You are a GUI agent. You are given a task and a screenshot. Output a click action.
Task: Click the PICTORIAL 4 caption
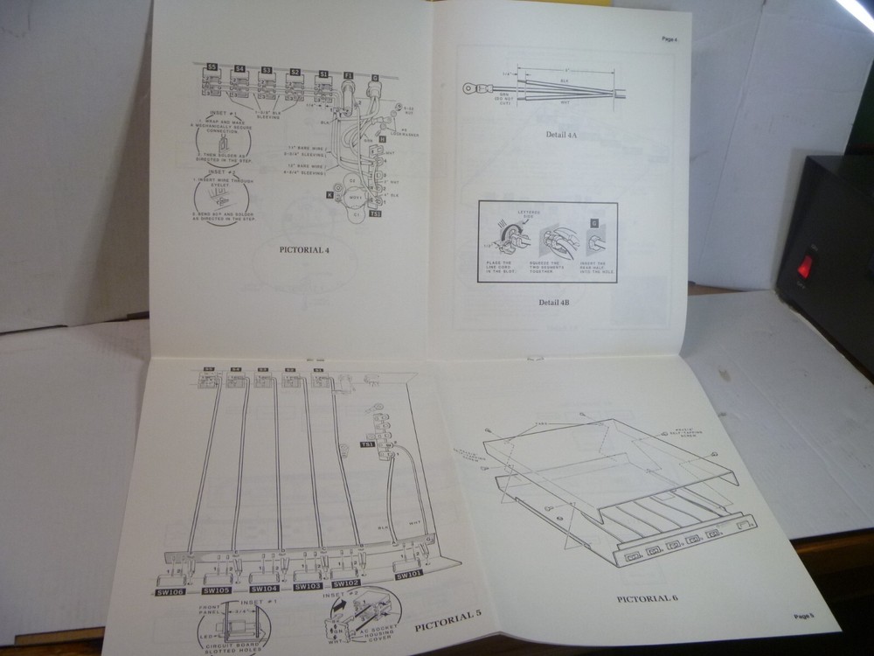304,249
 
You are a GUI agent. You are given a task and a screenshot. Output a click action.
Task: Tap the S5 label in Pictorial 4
212,66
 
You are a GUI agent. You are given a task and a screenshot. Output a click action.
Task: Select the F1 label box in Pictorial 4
348,76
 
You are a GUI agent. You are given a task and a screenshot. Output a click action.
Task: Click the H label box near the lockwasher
382,139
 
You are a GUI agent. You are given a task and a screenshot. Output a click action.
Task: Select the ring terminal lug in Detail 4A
472,87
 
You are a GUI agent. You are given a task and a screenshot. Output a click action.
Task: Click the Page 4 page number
669,39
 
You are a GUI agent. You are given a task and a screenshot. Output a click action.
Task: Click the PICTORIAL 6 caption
648,598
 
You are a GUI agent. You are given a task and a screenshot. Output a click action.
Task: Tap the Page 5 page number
804,616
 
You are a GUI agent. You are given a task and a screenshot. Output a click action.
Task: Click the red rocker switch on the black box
804,266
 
